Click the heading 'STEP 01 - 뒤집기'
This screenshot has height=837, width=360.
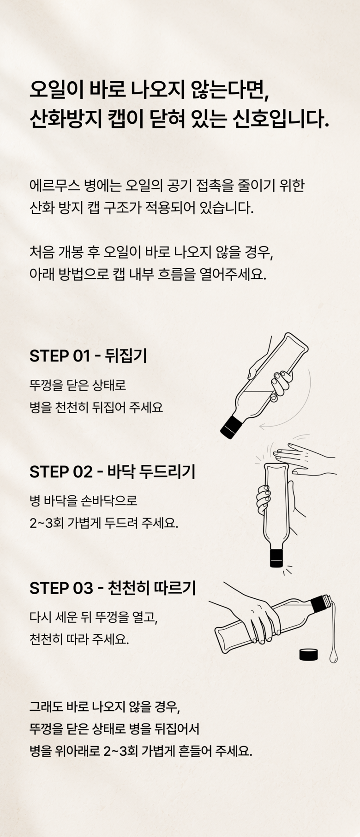click(88, 356)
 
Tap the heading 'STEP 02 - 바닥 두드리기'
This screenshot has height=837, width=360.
click(112, 472)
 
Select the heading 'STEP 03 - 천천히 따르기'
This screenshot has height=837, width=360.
click(113, 588)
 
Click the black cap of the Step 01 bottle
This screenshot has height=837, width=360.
click(231, 426)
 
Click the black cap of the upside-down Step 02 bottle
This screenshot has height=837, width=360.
click(276, 558)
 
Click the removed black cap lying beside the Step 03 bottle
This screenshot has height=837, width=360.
click(308, 655)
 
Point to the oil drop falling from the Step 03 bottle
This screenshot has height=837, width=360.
click(333, 656)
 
